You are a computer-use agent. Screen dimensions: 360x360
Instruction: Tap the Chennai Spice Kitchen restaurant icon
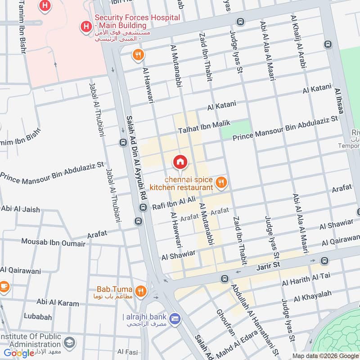click(x=220, y=182)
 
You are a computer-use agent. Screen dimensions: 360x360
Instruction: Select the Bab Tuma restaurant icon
click(x=141, y=291)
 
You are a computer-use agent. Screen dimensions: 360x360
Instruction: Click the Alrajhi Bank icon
click(x=175, y=318)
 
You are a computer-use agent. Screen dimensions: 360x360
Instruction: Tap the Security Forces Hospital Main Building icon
click(x=85, y=27)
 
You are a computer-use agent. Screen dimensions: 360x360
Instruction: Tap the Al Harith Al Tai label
click(x=306, y=279)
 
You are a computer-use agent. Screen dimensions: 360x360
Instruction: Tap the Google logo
click(x=19, y=353)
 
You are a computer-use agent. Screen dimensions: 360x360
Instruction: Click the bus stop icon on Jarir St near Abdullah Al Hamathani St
click(x=224, y=279)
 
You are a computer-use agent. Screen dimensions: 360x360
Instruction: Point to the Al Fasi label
click(x=127, y=351)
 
